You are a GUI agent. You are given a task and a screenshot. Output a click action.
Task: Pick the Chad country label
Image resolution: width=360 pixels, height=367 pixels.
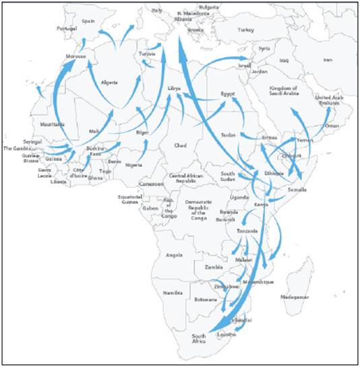tap(179, 145)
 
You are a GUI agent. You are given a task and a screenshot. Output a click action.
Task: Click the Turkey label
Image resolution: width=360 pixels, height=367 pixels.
tap(244, 30)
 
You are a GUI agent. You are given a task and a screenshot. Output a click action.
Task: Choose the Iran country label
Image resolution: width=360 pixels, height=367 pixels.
tap(328, 60)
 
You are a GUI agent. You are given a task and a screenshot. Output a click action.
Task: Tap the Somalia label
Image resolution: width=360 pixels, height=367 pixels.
tap(297, 190)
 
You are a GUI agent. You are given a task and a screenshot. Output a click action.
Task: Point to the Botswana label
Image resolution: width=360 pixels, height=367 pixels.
tap(205, 299)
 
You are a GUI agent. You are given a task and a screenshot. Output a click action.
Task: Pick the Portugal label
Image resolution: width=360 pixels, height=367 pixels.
tap(67, 29)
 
